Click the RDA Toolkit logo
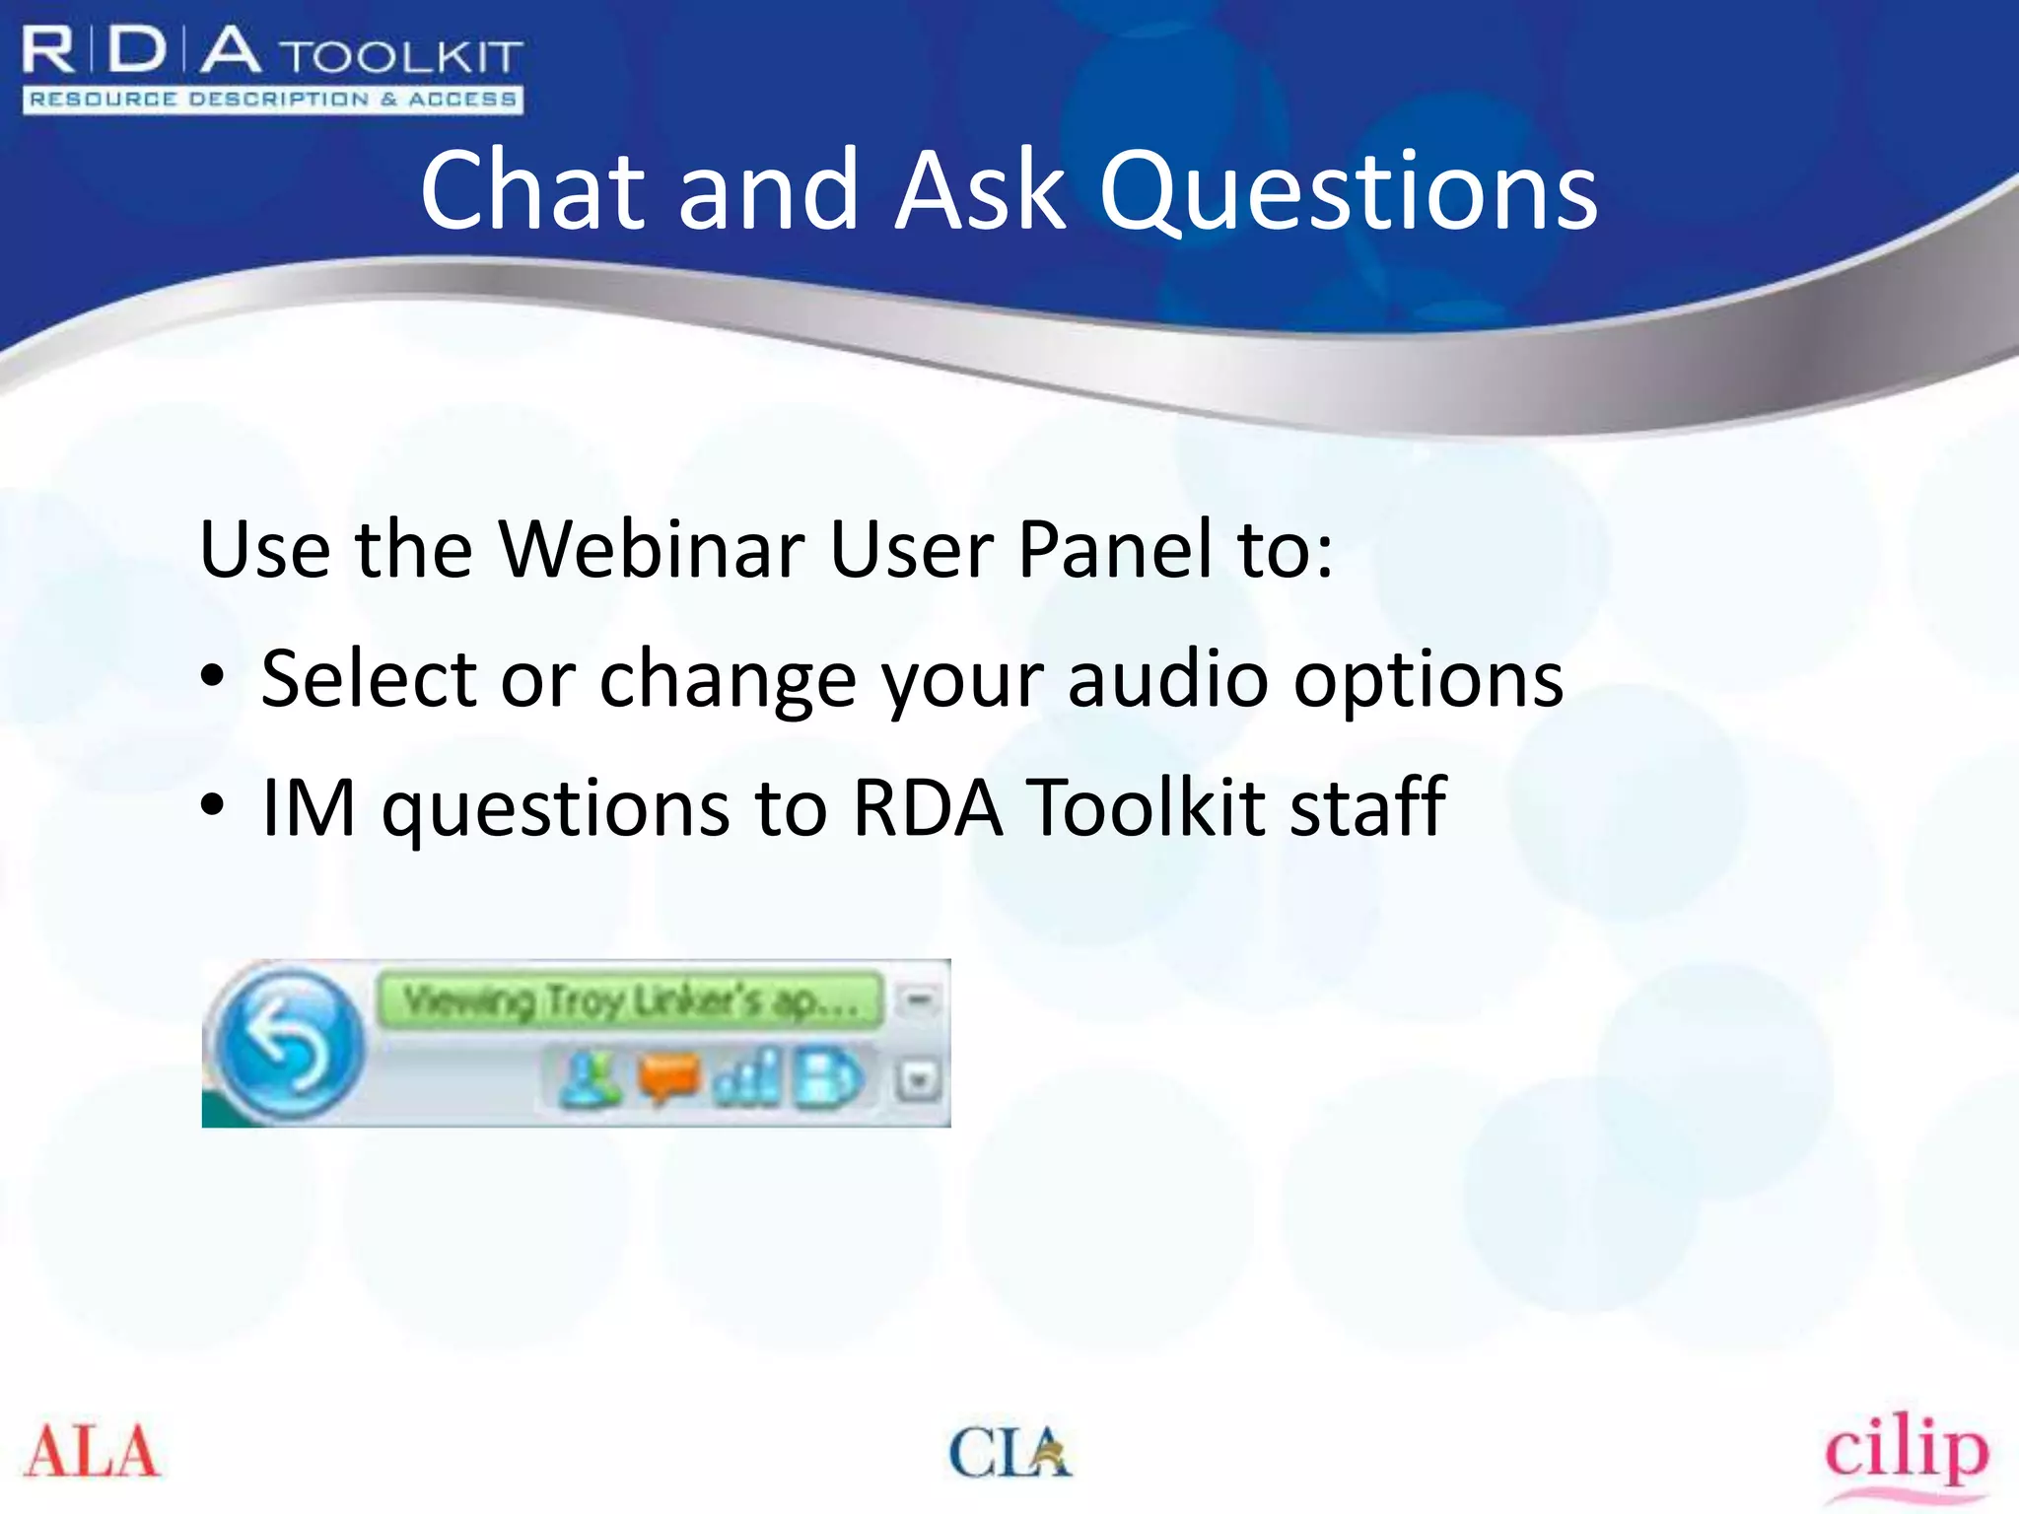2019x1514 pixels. [271, 69]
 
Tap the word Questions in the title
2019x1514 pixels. [1347, 192]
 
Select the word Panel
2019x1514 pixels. [1114, 549]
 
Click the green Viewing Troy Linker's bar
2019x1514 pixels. [629, 1000]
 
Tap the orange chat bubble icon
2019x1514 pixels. [667, 1077]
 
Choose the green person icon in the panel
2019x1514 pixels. [589, 1077]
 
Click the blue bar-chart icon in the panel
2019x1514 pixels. [747, 1077]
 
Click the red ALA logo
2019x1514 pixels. [92, 1452]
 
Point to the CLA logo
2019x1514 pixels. [1009, 1452]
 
